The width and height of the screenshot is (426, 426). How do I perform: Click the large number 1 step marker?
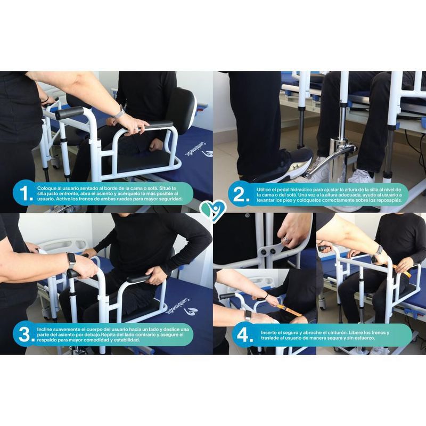click(25, 194)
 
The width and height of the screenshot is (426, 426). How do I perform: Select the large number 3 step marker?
click(26, 334)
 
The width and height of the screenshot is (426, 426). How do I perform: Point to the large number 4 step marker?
click(245, 335)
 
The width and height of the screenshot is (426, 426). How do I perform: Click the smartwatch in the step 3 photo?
click(71, 260)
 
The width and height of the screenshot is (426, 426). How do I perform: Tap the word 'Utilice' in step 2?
click(264, 190)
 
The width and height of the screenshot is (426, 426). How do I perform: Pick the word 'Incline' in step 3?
click(44, 329)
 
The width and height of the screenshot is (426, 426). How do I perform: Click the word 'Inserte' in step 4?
click(269, 332)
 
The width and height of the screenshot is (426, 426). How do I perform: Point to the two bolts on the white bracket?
click(267, 252)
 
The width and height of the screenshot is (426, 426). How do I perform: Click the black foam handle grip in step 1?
click(70, 113)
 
